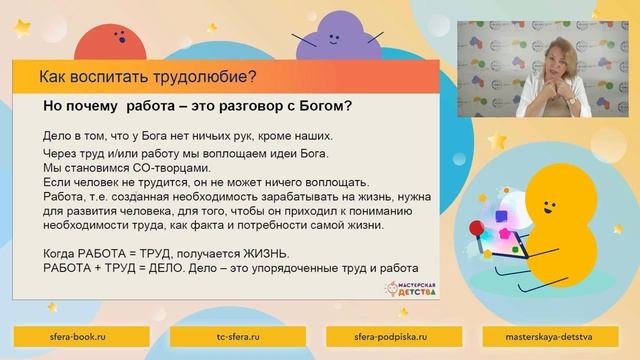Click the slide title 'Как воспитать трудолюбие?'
pos(147,76)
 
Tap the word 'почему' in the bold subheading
pos(102,106)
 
